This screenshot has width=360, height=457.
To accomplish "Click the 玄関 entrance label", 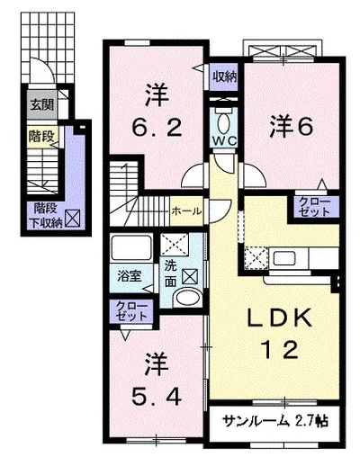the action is click(x=42, y=105).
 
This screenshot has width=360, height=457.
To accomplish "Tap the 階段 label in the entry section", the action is click(x=41, y=137).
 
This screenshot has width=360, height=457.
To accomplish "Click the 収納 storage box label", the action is click(x=225, y=77).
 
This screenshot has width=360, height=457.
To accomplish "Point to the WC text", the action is click(x=225, y=140).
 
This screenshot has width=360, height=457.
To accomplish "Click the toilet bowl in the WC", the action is click(x=224, y=122).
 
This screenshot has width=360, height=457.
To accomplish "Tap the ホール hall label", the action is click(x=186, y=211).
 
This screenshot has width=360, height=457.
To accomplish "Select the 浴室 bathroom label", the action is click(x=129, y=276).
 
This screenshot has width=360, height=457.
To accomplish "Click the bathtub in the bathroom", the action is click(x=130, y=248).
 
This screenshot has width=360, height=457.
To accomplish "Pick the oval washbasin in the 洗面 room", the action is click(x=188, y=298).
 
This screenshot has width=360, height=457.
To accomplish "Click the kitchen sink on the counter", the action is click(x=283, y=258).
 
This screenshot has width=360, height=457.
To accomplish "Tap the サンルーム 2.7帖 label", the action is click(x=275, y=422).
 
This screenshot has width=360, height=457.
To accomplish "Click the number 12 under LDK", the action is click(x=280, y=350).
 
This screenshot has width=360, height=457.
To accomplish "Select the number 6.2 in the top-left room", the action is click(x=157, y=127).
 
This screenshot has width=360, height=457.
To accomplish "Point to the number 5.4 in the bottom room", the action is click(x=156, y=397).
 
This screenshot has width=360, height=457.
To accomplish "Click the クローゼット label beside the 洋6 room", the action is click(x=314, y=206).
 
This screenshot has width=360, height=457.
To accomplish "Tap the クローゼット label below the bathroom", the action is click(x=131, y=311).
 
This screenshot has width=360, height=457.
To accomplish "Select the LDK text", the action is click(x=279, y=318).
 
